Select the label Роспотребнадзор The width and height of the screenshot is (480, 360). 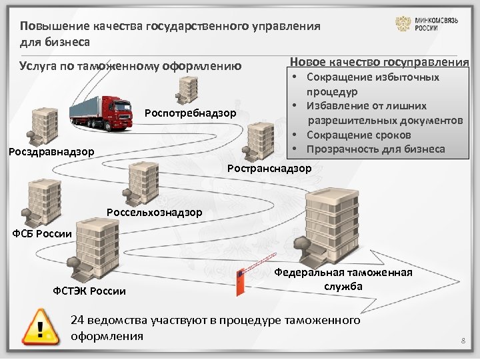point(190,113)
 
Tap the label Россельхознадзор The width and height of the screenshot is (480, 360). point(154,213)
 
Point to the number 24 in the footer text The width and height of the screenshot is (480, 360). point(77,321)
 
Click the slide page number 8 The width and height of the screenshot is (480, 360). point(461,342)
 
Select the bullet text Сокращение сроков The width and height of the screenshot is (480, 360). point(359,135)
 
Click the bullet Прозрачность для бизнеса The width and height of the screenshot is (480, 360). point(375,149)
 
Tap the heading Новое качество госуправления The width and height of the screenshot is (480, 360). point(379,62)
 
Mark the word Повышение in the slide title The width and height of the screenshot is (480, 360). point(47,27)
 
